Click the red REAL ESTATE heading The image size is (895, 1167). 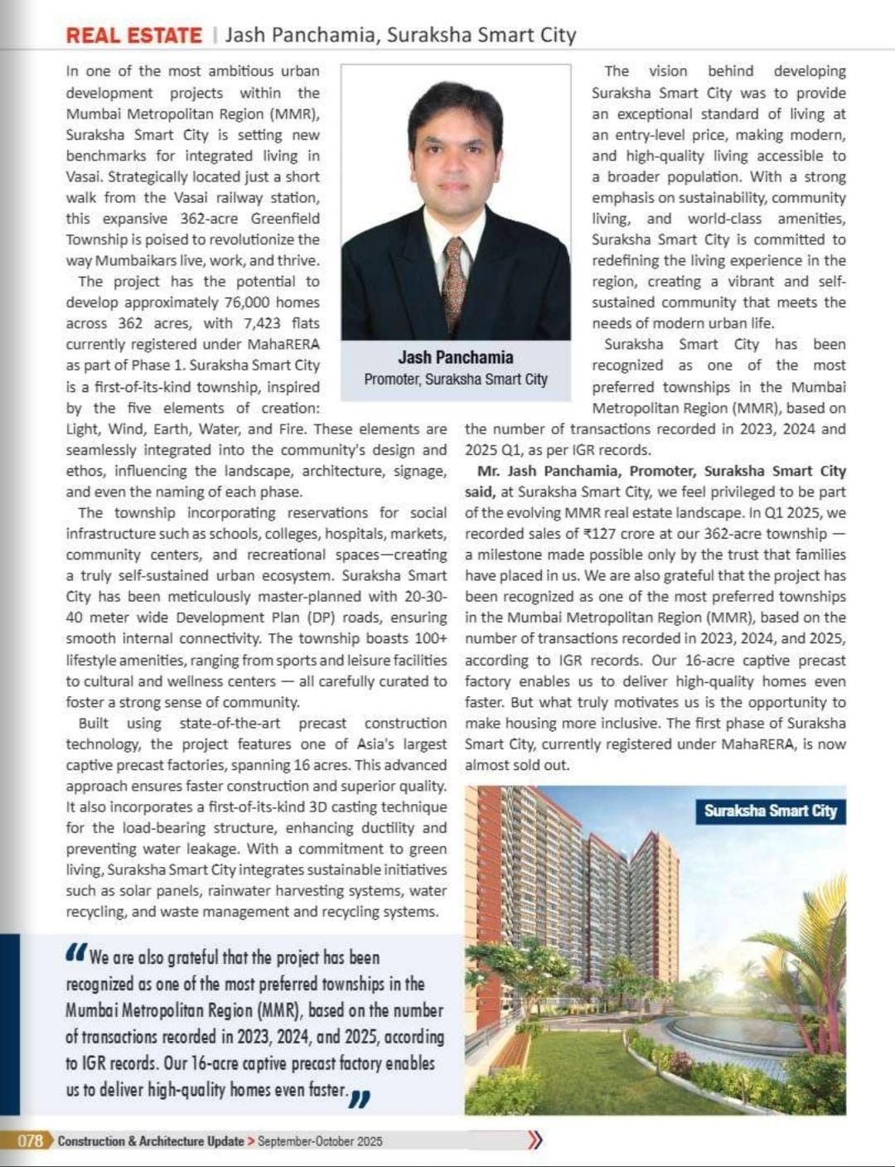(133, 36)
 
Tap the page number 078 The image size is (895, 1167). (30, 1140)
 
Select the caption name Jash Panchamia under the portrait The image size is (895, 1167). (455, 357)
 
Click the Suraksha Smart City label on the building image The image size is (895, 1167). (771, 811)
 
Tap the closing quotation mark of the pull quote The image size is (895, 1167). (360, 1097)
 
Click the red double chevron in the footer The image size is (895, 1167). (535, 1140)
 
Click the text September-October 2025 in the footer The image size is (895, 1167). (320, 1141)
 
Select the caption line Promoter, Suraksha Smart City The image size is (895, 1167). (455, 380)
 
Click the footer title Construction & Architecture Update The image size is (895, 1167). (150, 1141)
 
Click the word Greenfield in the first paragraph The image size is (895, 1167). (284, 219)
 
